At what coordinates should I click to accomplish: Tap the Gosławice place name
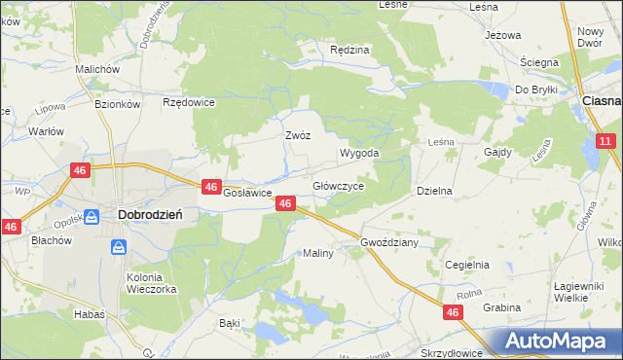pos(247,193)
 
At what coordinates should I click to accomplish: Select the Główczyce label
pos(338,186)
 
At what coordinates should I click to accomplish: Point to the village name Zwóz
pos(297,135)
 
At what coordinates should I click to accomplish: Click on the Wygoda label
pos(358,154)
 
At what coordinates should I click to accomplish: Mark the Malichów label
pos(97,70)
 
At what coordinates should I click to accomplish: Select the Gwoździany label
pos(388,242)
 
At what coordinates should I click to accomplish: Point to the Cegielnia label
pos(466,265)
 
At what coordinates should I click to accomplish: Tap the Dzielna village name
pos(435,192)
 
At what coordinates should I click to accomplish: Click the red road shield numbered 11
pos(605,142)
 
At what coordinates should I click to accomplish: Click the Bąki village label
pos(230,321)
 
